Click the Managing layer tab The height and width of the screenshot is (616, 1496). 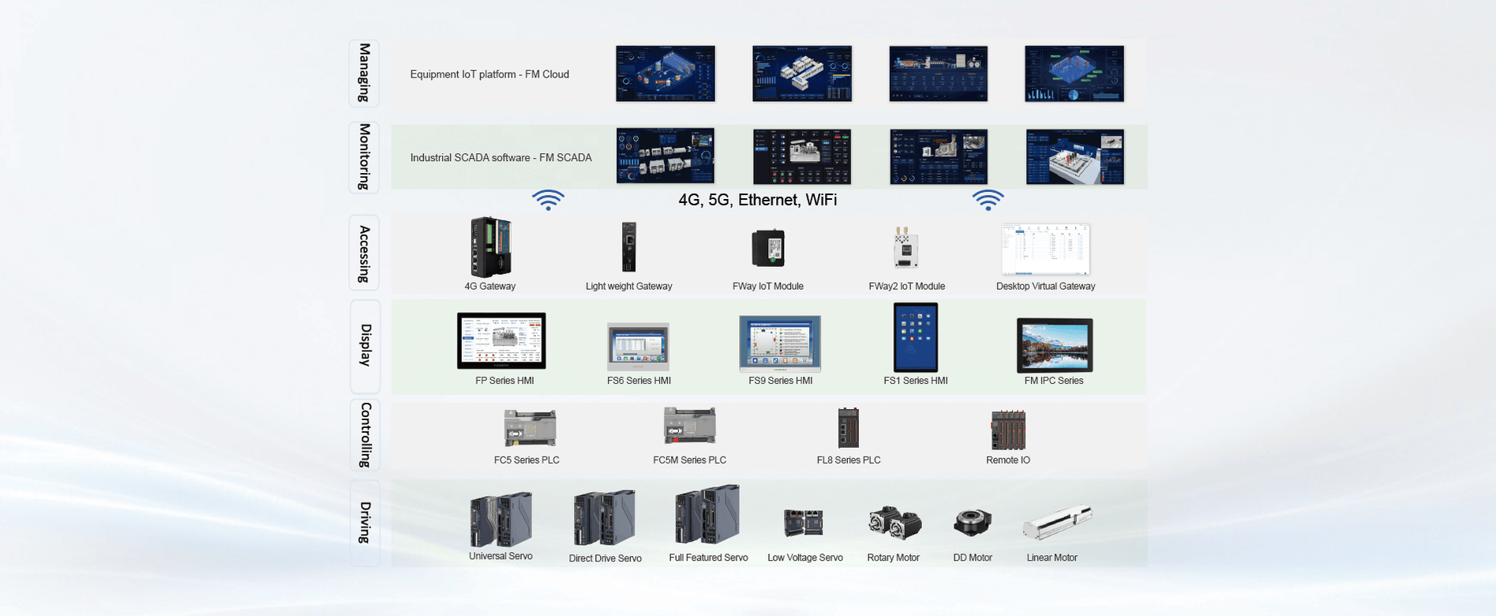click(x=364, y=73)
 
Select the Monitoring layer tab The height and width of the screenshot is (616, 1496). click(x=364, y=157)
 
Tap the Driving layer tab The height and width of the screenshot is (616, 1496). click(x=364, y=523)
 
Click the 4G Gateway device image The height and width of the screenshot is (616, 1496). click(x=491, y=247)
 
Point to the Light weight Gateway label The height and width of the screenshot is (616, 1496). click(x=628, y=287)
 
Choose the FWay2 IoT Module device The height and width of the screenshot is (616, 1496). click(x=905, y=248)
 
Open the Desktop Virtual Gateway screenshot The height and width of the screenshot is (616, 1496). click(x=1045, y=250)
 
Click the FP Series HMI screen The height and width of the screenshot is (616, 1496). click(x=501, y=340)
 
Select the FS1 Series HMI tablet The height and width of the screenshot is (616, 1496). click(x=916, y=337)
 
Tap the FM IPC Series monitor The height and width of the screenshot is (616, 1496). click(x=1055, y=345)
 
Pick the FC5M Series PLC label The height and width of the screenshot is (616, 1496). click(x=689, y=460)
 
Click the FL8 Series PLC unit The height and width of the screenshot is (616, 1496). click(x=849, y=428)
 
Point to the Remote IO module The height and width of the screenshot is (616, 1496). click(x=1008, y=430)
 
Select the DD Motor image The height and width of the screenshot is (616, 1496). click(x=972, y=523)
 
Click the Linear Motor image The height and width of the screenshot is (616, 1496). click(x=1056, y=523)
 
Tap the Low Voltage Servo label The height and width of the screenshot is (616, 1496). click(x=804, y=558)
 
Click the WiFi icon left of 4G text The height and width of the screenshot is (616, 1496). click(x=548, y=200)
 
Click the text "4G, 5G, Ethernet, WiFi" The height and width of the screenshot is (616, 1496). click(x=757, y=200)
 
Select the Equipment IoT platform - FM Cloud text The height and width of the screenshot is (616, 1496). click(x=489, y=74)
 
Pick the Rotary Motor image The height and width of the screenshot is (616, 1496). click(x=894, y=523)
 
